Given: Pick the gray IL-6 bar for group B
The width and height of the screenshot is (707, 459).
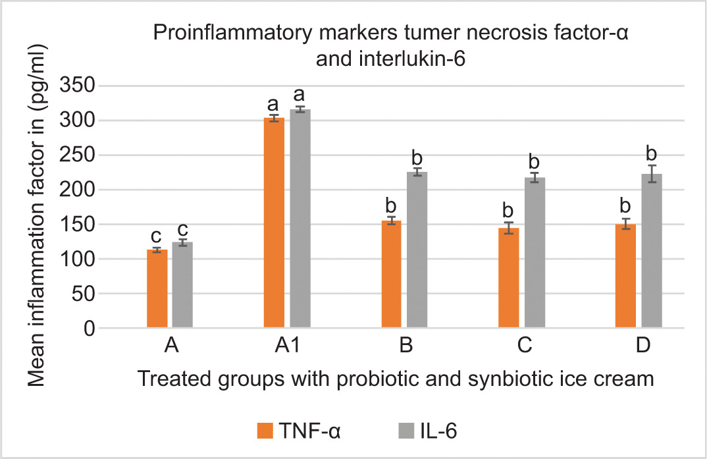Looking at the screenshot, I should (x=417, y=250).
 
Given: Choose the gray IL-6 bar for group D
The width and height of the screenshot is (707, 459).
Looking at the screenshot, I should (x=652, y=251).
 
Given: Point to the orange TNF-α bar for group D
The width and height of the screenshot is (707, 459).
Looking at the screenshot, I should (x=625, y=276).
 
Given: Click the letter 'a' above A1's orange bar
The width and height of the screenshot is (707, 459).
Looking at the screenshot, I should (x=273, y=104).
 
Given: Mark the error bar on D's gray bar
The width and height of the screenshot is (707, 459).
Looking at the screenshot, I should (x=652, y=174).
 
